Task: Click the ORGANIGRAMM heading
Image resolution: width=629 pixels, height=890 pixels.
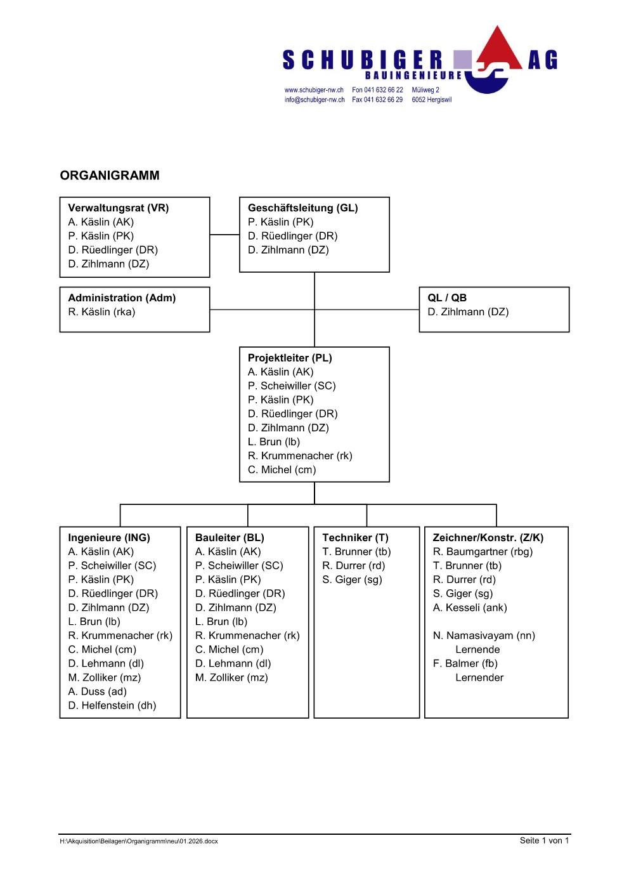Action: (110, 176)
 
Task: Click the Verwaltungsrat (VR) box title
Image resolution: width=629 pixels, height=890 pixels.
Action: (119, 208)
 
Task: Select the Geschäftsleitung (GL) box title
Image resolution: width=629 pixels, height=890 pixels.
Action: (302, 208)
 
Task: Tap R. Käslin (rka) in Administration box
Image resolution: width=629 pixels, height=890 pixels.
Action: (101, 312)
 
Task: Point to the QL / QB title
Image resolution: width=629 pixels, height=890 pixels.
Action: (447, 298)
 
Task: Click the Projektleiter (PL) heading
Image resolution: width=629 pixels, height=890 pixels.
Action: (290, 358)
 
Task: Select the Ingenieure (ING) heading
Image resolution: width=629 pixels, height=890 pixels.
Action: (109, 538)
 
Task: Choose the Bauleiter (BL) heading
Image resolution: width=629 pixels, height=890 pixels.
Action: (230, 538)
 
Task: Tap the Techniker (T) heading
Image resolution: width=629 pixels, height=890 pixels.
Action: (355, 538)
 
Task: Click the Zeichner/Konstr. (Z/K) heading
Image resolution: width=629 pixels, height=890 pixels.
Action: (488, 538)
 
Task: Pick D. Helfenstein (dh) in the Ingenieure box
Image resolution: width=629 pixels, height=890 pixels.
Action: (112, 705)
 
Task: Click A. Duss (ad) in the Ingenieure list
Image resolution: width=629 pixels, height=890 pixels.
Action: (98, 691)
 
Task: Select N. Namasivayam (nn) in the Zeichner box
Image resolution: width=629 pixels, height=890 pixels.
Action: (484, 636)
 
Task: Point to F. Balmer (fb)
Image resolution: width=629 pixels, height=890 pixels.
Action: (465, 664)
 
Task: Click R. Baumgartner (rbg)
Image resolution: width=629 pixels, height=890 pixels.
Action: (483, 552)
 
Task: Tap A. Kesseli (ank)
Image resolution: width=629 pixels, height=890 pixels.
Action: (470, 608)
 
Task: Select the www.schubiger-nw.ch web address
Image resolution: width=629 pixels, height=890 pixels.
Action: (314, 90)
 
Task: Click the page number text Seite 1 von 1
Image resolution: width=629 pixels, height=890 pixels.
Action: (544, 841)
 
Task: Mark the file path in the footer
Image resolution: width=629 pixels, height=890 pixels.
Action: (139, 841)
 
